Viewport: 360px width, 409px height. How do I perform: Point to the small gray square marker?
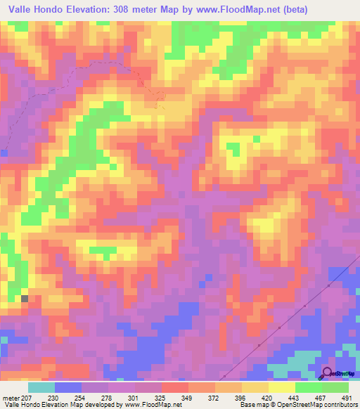coord(25,299)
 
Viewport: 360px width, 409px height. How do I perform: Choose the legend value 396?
coord(241,397)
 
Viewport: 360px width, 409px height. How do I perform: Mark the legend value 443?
coord(294,397)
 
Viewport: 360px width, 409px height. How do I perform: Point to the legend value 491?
coord(347,397)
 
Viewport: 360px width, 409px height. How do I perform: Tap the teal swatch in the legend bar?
coord(41,387)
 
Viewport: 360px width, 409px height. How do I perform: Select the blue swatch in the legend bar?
coord(68,387)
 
